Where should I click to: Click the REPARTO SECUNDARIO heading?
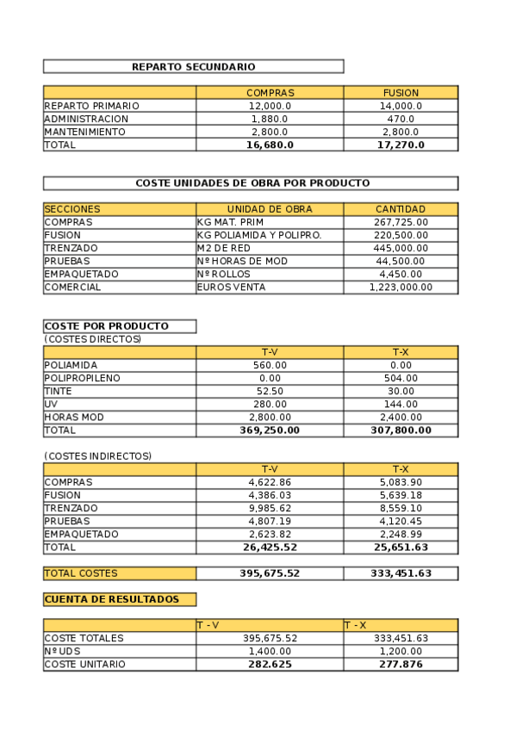(193, 66)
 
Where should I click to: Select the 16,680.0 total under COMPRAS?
(270, 145)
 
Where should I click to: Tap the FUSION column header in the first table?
(401, 93)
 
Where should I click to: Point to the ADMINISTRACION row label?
(86, 119)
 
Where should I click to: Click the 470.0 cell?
(401, 119)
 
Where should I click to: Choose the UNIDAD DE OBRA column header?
(270, 209)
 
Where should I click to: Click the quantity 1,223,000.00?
(401, 288)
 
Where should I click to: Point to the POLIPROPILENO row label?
(83, 378)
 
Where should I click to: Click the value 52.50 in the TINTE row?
(270, 391)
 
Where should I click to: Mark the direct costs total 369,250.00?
(270, 430)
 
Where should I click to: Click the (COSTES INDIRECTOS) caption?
(97, 456)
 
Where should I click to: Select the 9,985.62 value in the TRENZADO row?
(270, 509)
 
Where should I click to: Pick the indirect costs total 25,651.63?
(401, 547)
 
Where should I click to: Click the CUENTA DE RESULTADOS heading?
(112, 599)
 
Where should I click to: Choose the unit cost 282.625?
(270, 665)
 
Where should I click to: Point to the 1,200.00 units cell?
(401, 652)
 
